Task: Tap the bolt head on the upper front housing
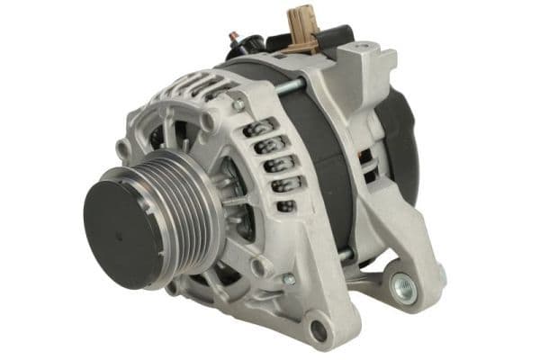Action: tap(238, 105)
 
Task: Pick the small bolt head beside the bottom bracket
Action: tap(289, 280)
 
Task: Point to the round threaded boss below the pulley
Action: tap(262, 266)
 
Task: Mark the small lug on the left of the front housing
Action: tap(121, 149)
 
